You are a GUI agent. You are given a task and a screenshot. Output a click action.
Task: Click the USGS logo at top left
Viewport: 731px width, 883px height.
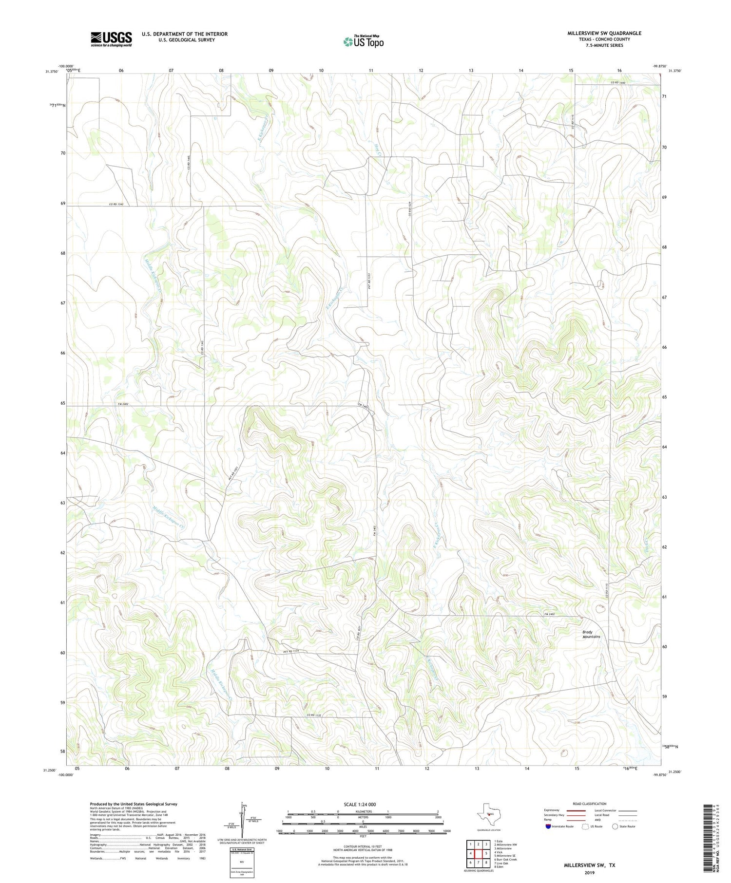[111, 39]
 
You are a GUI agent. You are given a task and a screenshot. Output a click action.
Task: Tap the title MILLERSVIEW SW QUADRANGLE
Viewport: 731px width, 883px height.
[604, 33]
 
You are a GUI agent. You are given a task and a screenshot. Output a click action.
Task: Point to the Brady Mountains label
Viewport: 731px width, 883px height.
[591, 634]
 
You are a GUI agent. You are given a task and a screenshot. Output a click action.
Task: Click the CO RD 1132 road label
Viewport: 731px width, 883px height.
[314, 714]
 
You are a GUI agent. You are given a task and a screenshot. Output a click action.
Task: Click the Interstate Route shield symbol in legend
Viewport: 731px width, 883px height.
[548, 826]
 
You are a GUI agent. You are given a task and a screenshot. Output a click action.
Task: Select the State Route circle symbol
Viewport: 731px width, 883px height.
[615, 826]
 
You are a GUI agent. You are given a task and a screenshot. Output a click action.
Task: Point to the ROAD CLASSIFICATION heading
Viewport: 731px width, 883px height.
[590, 804]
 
